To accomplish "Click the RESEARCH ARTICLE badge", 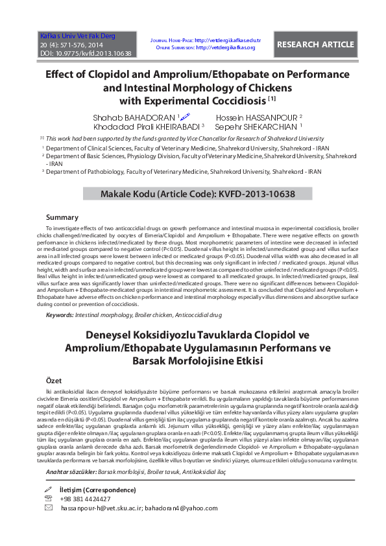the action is pos(316,45).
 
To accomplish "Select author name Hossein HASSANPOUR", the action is pos(254,117).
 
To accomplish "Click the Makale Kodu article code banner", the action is pos(198,194).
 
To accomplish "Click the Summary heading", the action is pos(63,217).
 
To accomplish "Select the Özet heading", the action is pos(53,380).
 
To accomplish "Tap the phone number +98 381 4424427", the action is pos(85,499).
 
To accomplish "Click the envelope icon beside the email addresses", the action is pos(48,508).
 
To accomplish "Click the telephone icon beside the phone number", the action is pos(48,499).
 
